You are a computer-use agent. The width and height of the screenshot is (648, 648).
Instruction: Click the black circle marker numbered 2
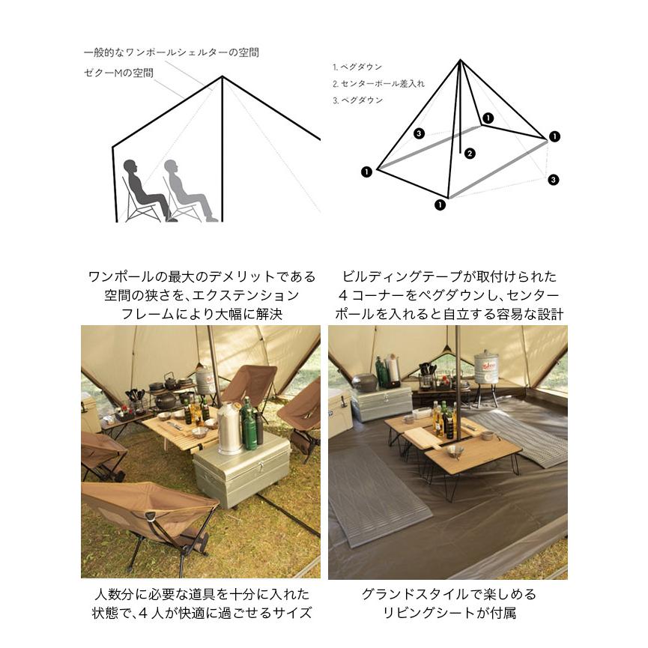470,154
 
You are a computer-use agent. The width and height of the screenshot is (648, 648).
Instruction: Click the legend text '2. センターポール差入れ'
378,84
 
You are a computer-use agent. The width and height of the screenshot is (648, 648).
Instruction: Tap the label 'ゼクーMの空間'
118,73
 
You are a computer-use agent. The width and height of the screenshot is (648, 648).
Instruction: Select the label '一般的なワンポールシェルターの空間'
172,53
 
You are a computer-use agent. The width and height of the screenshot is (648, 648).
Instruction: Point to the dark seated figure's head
130,167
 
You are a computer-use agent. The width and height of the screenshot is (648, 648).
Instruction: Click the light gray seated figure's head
171,167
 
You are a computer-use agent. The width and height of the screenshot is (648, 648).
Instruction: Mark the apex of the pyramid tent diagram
461,61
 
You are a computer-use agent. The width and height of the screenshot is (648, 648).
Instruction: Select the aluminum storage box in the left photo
242,469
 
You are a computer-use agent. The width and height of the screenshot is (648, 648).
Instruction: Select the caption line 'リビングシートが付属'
449,613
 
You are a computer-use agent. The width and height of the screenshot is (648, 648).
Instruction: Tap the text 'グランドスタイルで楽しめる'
449,594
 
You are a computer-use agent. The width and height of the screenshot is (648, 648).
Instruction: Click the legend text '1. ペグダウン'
357,67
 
